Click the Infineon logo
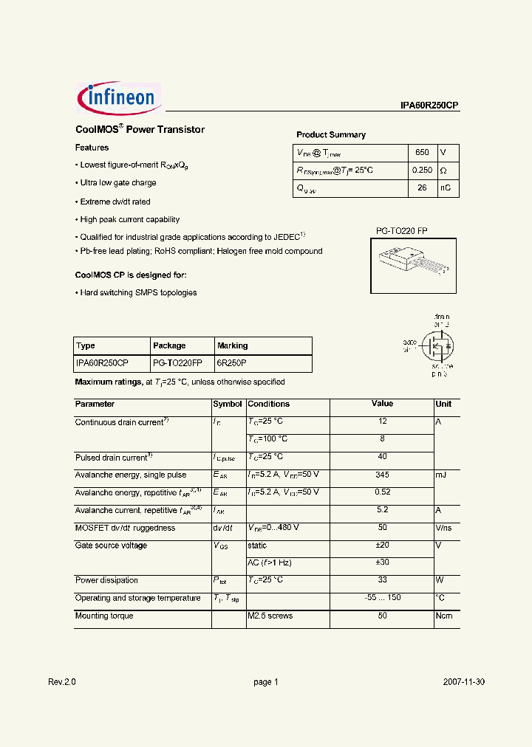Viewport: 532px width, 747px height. pyautogui.click(x=117, y=98)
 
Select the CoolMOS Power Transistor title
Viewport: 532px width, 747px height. pyautogui.click(x=140, y=130)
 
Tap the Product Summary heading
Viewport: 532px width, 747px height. pyautogui.click(x=331, y=135)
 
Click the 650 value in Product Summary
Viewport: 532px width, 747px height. pyautogui.click(x=422, y=153)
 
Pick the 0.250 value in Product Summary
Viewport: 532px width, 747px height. pyautogui.click(x=422, y=171)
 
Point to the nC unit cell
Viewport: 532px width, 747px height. pyautogui.click(x=446, y=188)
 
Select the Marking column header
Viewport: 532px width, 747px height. pyautogui.click(x=233, y=345)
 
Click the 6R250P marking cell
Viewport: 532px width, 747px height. pyautogui.click(x=232, y=363)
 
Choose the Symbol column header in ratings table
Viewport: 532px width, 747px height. pyautogui.click(x=228, y=405)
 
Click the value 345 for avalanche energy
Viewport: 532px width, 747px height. pyautogui.click(x=382, y=475)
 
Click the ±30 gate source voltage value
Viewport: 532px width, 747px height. pyautogui.click(x=382, y=562)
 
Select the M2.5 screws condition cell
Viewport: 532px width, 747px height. pyautogui.click(x=270, y=616)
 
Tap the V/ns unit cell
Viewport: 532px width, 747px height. pyautogui.click(x=446, y=528)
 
